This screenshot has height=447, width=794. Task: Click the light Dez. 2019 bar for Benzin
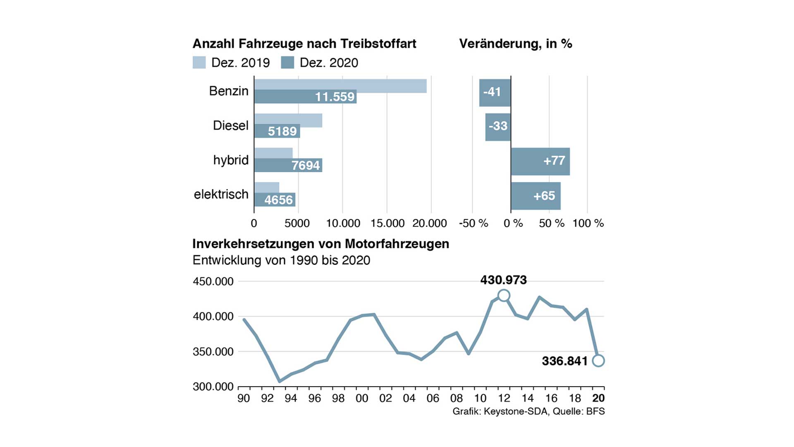(340, 86)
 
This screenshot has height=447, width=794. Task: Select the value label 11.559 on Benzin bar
(335, 97)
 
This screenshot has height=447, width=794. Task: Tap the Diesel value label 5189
(282, 131)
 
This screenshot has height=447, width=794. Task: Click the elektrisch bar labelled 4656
(275, 199)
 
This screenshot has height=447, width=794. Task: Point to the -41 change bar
(495, 93)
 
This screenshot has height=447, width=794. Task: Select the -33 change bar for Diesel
(498, 127)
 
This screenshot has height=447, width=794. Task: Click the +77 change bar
(540, 161)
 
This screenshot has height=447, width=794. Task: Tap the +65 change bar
(536, 196)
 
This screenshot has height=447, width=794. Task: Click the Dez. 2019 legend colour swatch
(199, 62)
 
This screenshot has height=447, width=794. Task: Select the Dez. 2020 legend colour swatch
(287, 62)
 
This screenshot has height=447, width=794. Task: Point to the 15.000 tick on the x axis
(387, 223)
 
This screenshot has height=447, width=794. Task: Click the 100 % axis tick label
(588, 223)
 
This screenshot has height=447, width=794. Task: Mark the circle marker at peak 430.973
(504, 296)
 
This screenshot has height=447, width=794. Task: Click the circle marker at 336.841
(598, 360)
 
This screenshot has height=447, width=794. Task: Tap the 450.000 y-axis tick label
(213, 281)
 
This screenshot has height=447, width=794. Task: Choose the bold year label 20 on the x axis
(598, 398)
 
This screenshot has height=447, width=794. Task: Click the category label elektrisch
(221, 194)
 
